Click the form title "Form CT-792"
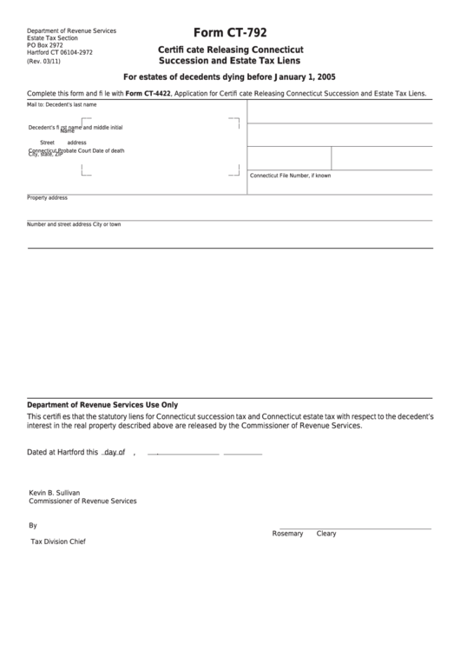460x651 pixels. pyautogui.click(x=229, y=33)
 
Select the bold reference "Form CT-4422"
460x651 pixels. pyautogui.click(x=148, y=92)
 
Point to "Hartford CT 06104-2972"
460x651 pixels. pyautogui.click(x=60, y=52)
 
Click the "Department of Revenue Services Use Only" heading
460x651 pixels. pyautogui.click(x=102, y=404)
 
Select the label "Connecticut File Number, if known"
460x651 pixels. pyautogui.click(x=291, y=176)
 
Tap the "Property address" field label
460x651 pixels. pyautogui.click(x=48, y=197)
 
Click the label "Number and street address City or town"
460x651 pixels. pyautogui.click(x=74, y=224)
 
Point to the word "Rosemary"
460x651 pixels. pyautogui.click(x=287, y=533)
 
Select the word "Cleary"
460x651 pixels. pyautogui.click(x=326, y=533)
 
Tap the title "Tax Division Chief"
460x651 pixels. pyautogui.click(x=58, y=541)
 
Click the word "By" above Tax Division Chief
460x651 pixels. pyautogui.click(x=33, y=525)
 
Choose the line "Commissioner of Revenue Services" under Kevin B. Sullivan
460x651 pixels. pyautogui.click(x=82, y=501)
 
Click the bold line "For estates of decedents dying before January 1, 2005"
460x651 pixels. pyautogui.click(x=229, y=76)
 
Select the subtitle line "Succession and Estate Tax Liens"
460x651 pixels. pyautogui.click(x=229, y=60)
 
